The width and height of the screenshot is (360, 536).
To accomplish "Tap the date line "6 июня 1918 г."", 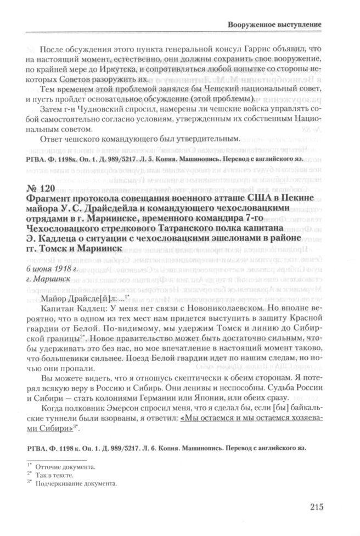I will coord(52,268).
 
